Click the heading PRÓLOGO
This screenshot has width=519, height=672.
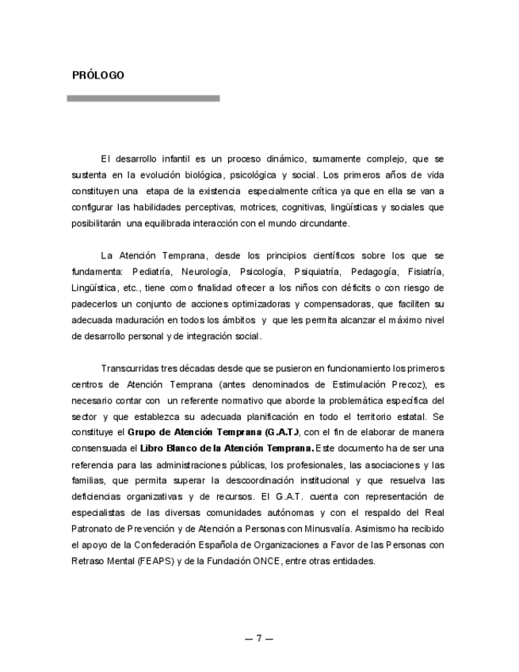[98, 76]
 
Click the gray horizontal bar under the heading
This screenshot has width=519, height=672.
[143, 98]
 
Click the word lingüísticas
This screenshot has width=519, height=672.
[357, 208]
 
